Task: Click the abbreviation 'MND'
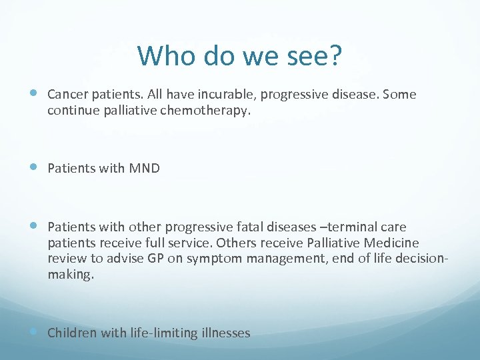tap(145, 169)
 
